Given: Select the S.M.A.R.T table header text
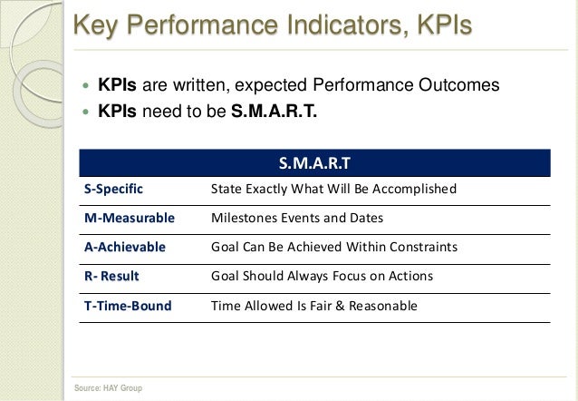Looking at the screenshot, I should [x=315, y=163].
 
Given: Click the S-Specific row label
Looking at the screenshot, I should [x=113, y=190].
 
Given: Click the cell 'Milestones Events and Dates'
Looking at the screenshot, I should [x=296, y=219].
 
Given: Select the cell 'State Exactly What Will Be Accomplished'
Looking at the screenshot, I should [x=332, y=190].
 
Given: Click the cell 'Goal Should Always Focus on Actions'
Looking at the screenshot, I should [x=322, y=277].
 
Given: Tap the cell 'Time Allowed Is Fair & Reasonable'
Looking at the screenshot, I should [x=313, y=306].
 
